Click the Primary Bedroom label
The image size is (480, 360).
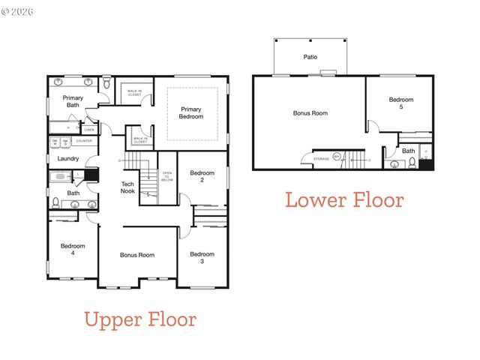click(x=190, y=112)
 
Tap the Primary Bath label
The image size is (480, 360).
click(x=73, y=101)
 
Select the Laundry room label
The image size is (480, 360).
click(x=68, y=158)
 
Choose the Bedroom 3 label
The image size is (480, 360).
click(x=202, y=257)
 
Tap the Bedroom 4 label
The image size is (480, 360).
click(x=73, y=250)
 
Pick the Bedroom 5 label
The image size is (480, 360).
click(x=400, y=103)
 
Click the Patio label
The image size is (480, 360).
click(x=310, y=57)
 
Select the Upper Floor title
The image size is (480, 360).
click(x=140, y=319)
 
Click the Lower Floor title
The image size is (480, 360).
click(x=343, y=200)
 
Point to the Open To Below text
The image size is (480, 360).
click(x=167, y=177)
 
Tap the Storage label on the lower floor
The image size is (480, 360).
click(x=321, y=159)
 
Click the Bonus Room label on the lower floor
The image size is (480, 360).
click(x=310, y=113)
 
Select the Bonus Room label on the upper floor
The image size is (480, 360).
click(x=137, y=255)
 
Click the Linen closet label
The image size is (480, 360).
click(x=88, y=130)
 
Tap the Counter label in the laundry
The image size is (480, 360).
click(x=84, y=141)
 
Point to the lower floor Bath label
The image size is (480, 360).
click(x=408, y=151)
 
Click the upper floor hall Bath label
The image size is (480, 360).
click(x=73, y=193)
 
